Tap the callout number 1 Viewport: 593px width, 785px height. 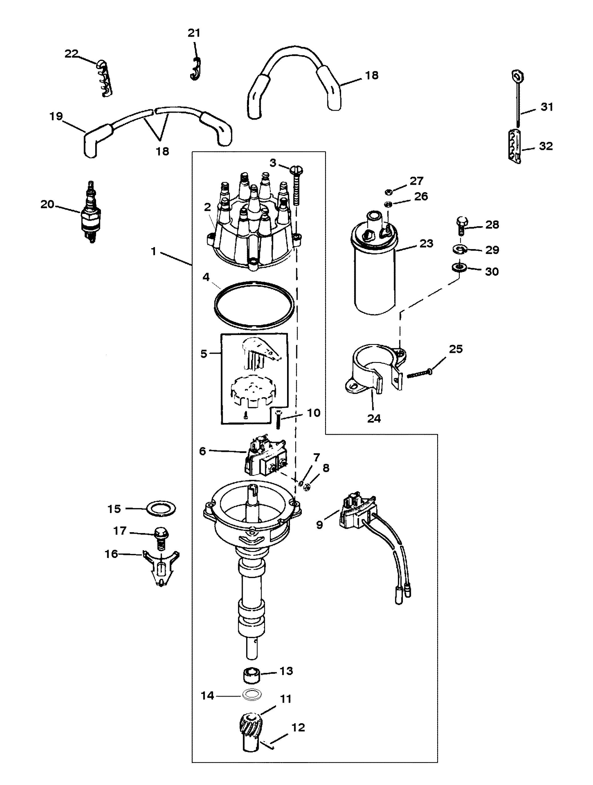coord(153,251)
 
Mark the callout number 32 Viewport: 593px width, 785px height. coord(546,146)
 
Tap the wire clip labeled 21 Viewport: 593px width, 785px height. coord(194,68)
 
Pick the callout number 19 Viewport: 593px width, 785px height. coord(56,116)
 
